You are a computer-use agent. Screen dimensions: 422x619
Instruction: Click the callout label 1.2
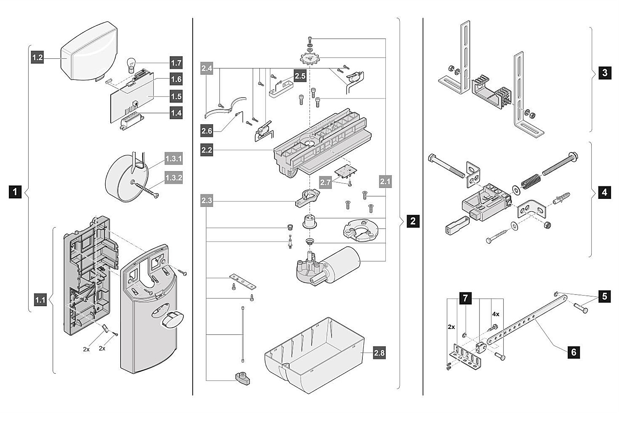pyautogui.click(x=37, y=58)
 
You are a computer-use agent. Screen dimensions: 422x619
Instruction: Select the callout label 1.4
pyautogui.click(x=176, y=113)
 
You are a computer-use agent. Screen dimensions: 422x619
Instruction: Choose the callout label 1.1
pyautogui.click(x=40, y=300)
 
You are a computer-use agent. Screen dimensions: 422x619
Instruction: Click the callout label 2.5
pyautogui.click(x=300, y=76)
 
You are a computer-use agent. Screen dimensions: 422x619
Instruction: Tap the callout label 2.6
pyautogui.click(x=207, y=131)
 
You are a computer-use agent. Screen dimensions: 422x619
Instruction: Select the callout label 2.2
pyautogui.click(x=207, y=150)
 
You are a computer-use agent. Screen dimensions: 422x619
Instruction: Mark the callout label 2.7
pyautogui.click(x=325, y=182)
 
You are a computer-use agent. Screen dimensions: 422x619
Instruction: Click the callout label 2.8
pyautogui.click(x=379, y=353)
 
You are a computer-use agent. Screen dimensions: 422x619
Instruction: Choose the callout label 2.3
pyautogui.click(x=207, y=200)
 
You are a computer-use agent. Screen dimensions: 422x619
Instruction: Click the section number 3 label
pyautogui.click(x=604, y=73)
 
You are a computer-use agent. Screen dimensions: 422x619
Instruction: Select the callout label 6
pyautogui.click(x=574, y=352)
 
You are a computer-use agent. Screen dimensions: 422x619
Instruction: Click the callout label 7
pyautogui.click(x=466, y=298)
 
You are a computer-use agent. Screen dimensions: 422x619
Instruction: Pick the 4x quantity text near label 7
pyautogui.click(x=495, y=314)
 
